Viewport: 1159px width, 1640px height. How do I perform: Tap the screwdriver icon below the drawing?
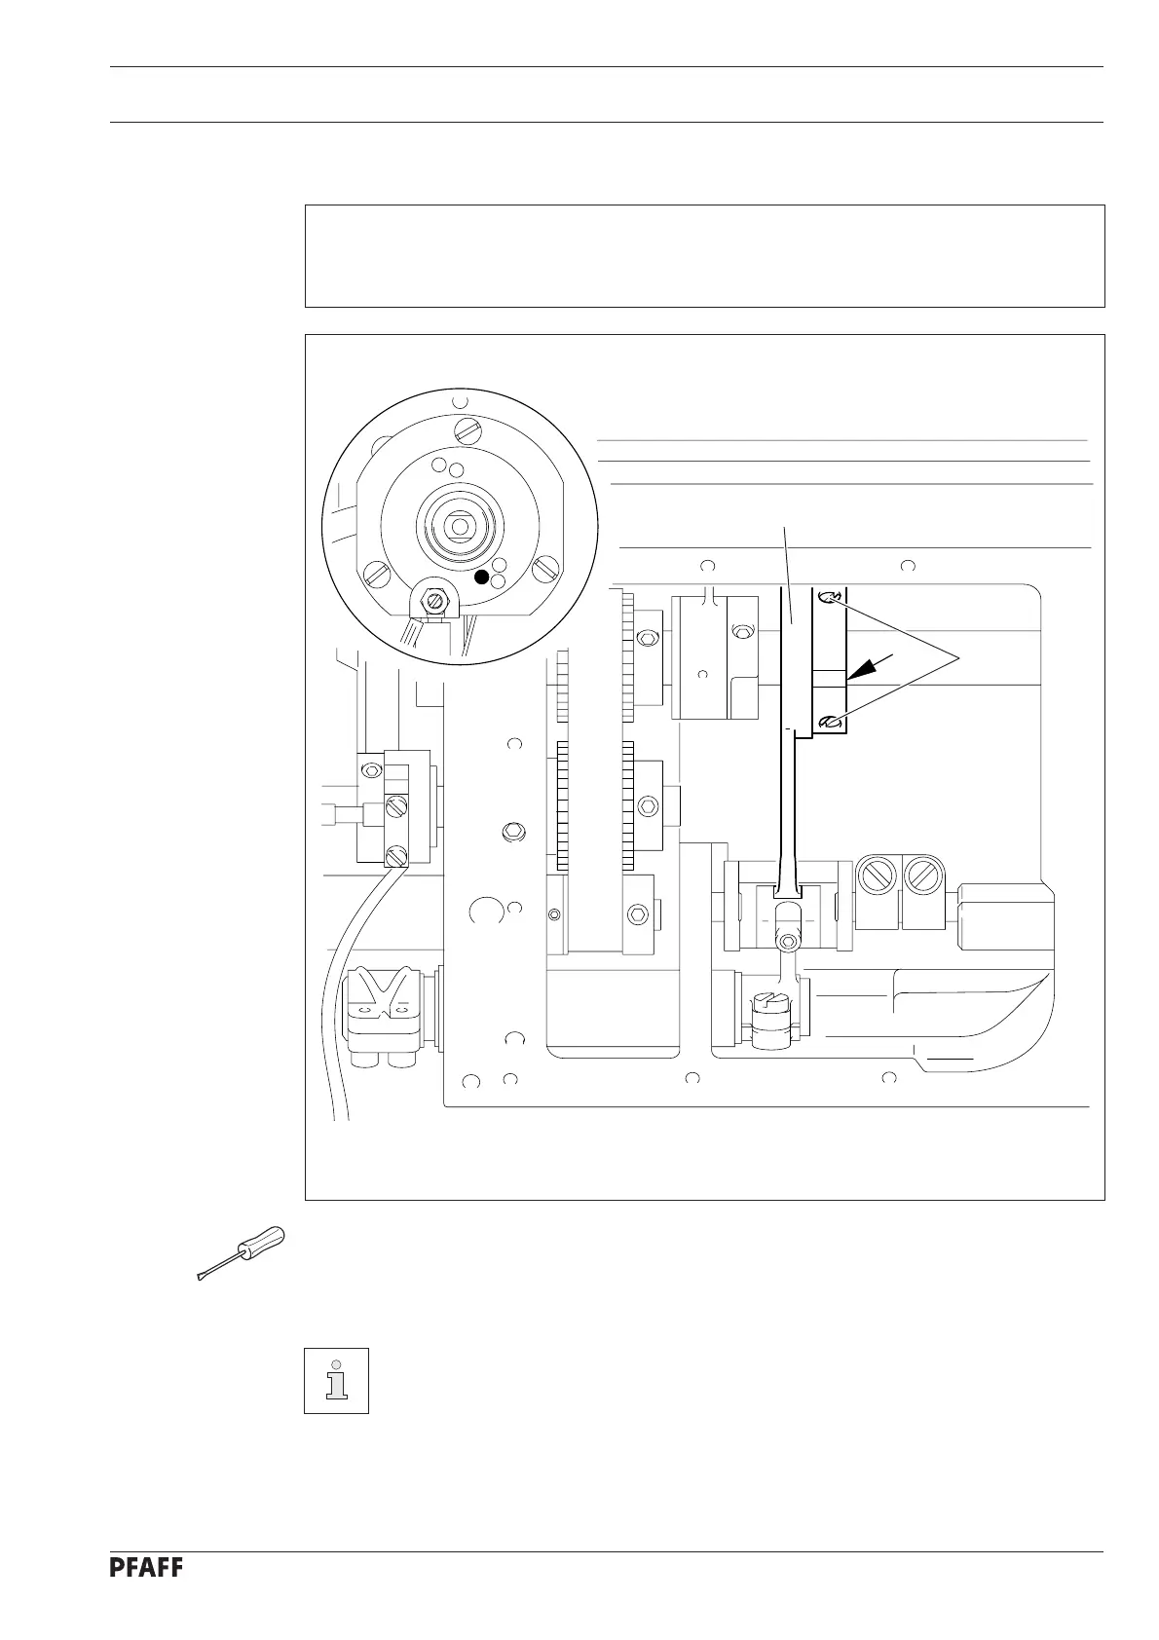coord(241,1254)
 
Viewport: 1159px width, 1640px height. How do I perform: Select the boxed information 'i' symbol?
coord(336,1380)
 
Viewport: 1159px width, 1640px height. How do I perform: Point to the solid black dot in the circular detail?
coord(481,577)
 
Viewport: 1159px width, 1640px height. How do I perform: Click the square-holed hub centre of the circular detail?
coord(457,527)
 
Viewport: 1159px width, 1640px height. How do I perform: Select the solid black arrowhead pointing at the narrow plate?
coord(861,667)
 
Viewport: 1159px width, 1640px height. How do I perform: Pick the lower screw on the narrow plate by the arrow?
coord(829,722)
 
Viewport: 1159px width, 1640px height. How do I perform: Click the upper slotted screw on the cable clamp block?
coord(395,806)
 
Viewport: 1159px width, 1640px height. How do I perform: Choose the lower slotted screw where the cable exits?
coord(396,855)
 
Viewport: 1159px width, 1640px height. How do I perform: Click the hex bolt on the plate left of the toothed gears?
coord(510,833)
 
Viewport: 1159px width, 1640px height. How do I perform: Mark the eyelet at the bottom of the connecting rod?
coord(787,939)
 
